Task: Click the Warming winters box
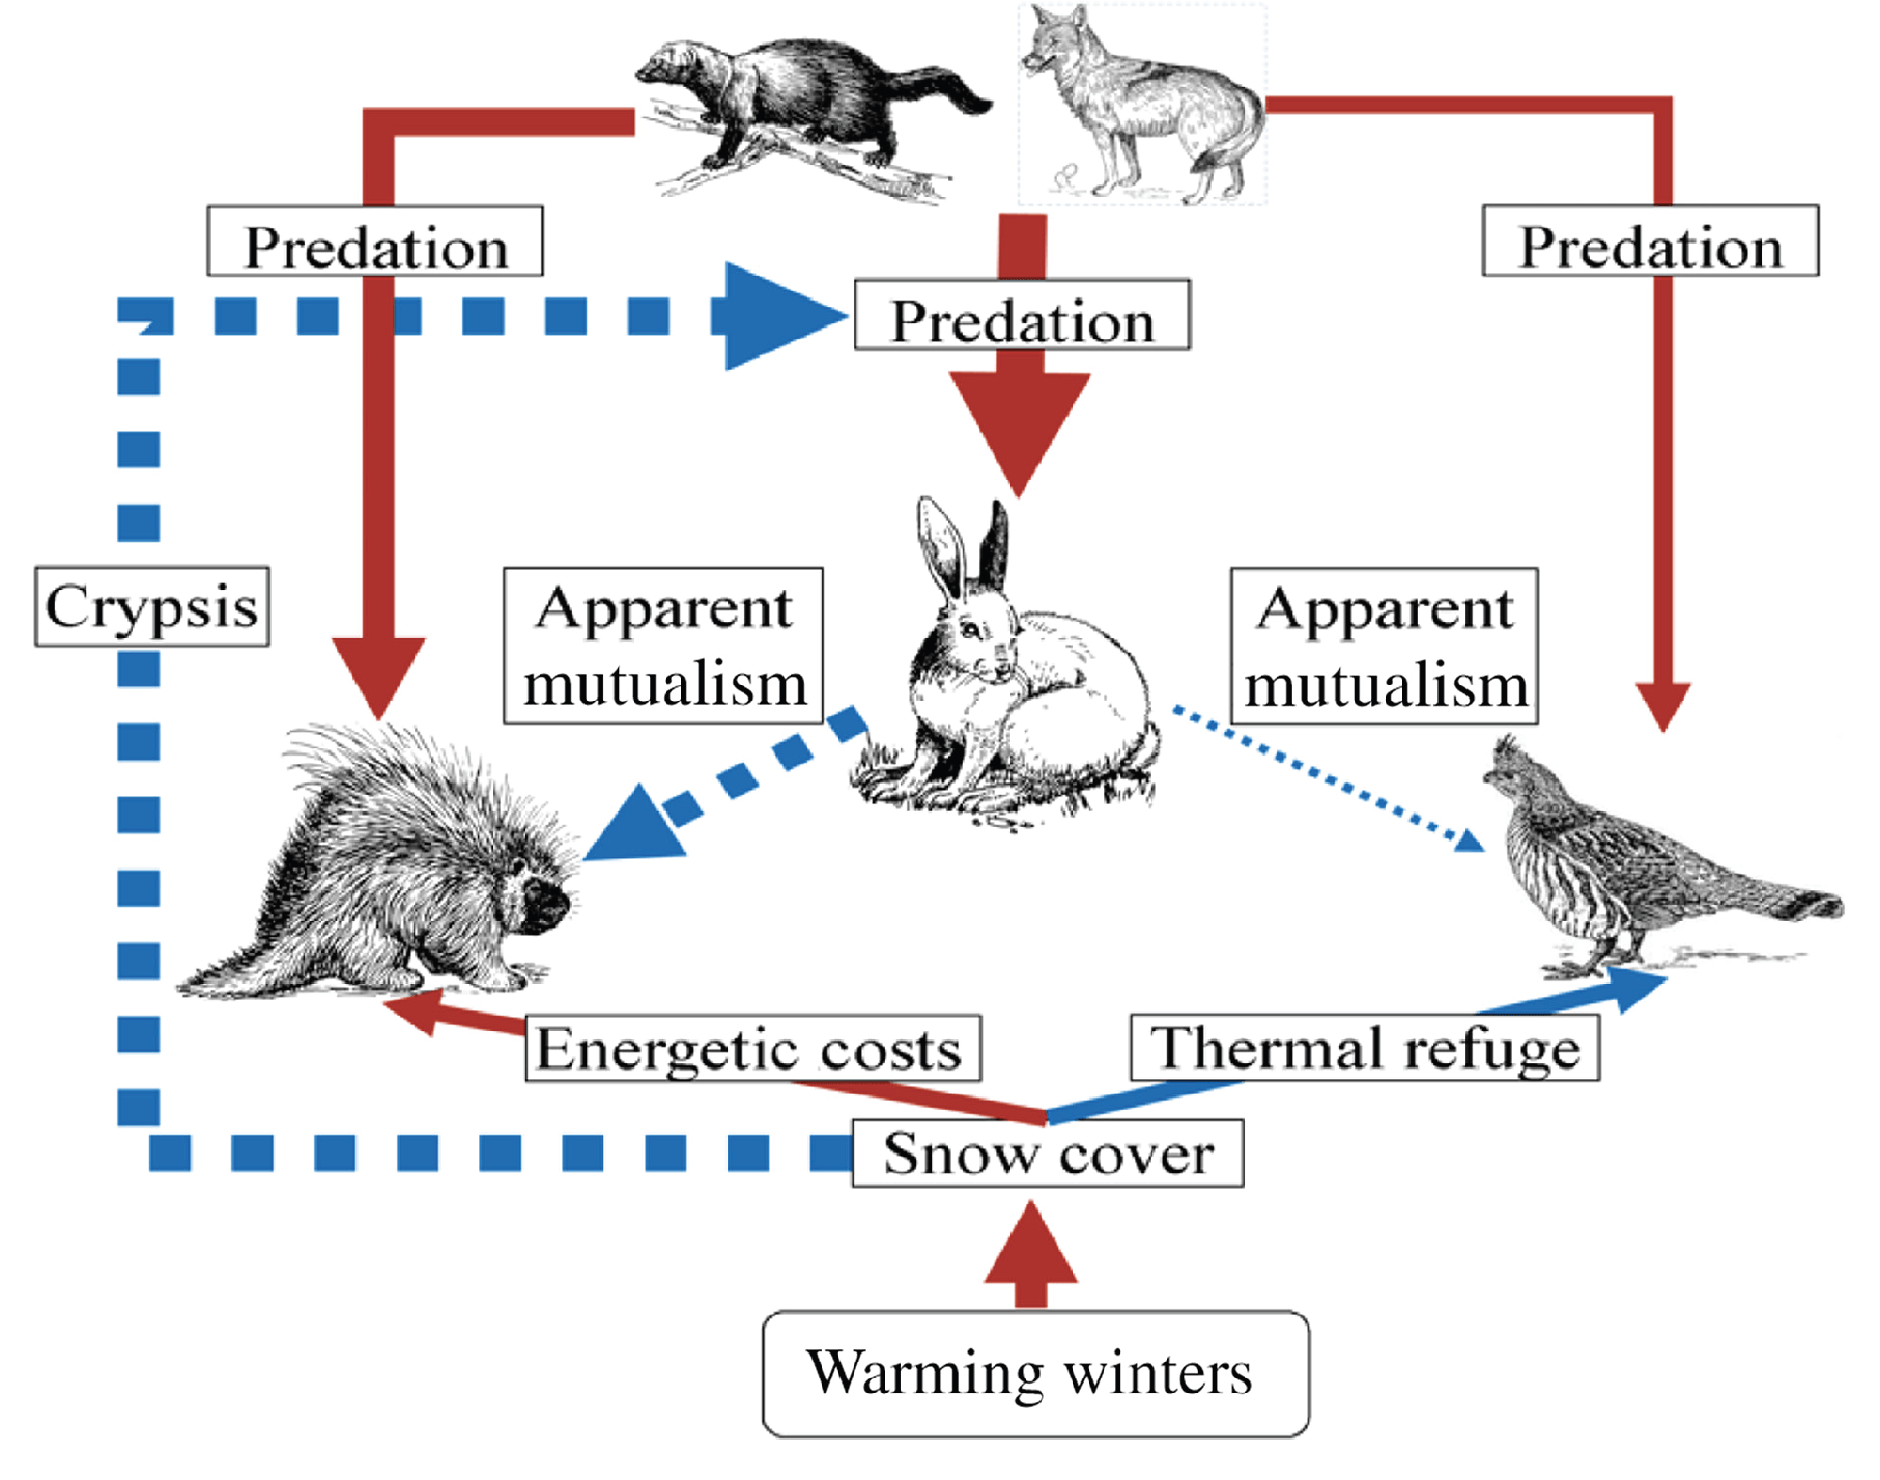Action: click(1035, 1373)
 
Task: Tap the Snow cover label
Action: click(1047, 1153)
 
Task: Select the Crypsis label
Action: click(151, 606)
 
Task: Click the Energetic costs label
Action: click(752, 1048)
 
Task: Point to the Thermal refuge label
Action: click(1364, 1047)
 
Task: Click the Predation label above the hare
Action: click(1022, 315)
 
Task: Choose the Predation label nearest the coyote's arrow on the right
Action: click(1650, 241)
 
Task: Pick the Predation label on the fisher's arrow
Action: click(375, 241)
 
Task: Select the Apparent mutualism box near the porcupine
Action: click(664, 645)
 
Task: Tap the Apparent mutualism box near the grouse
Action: click(1384, 645)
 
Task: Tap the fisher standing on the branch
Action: click(799, 103)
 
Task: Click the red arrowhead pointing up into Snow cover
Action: click(1031, 1246)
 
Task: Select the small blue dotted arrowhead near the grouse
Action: click(1469, 840)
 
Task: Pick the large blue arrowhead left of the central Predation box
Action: click(775, 316)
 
